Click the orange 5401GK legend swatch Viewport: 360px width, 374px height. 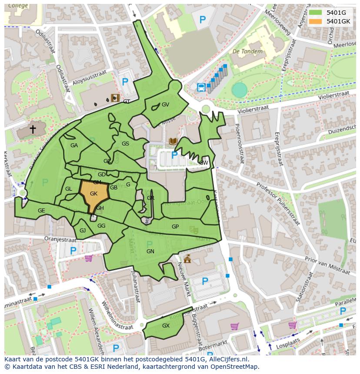click(316, 21)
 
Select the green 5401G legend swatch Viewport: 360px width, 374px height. click(316, 13)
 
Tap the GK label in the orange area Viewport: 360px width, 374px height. click(93, 194)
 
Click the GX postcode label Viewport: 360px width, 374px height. click(166, 326)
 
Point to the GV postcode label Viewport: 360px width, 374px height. click(165, 105)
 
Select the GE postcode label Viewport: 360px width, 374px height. click(41, 211)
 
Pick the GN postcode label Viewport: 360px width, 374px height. click(150, 252)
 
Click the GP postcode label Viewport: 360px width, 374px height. click(175, 227)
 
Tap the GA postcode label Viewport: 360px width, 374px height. click(74, 146)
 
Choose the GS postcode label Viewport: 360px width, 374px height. click(125, 144)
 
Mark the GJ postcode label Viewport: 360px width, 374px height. click(83, 231)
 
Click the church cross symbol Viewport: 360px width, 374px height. click(33, 129)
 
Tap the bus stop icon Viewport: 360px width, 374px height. click(201, 87)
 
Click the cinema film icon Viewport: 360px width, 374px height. click(115, 98)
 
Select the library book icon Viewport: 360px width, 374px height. click(173, 141)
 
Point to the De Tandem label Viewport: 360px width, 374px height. click(247, 51)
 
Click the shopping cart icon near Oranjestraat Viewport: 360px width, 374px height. click(88, 258)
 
